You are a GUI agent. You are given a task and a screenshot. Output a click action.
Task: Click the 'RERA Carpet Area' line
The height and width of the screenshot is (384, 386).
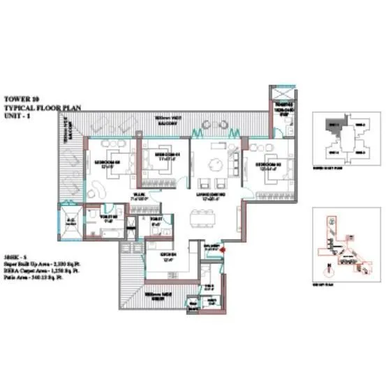point(41,268)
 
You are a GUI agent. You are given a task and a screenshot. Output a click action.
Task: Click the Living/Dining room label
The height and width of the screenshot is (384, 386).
point(214,198)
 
